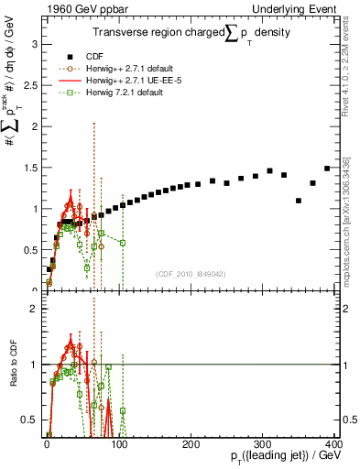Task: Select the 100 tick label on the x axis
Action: (118, 444)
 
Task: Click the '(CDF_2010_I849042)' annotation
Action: (191, 272)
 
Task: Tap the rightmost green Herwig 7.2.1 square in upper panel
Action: (123, 242)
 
